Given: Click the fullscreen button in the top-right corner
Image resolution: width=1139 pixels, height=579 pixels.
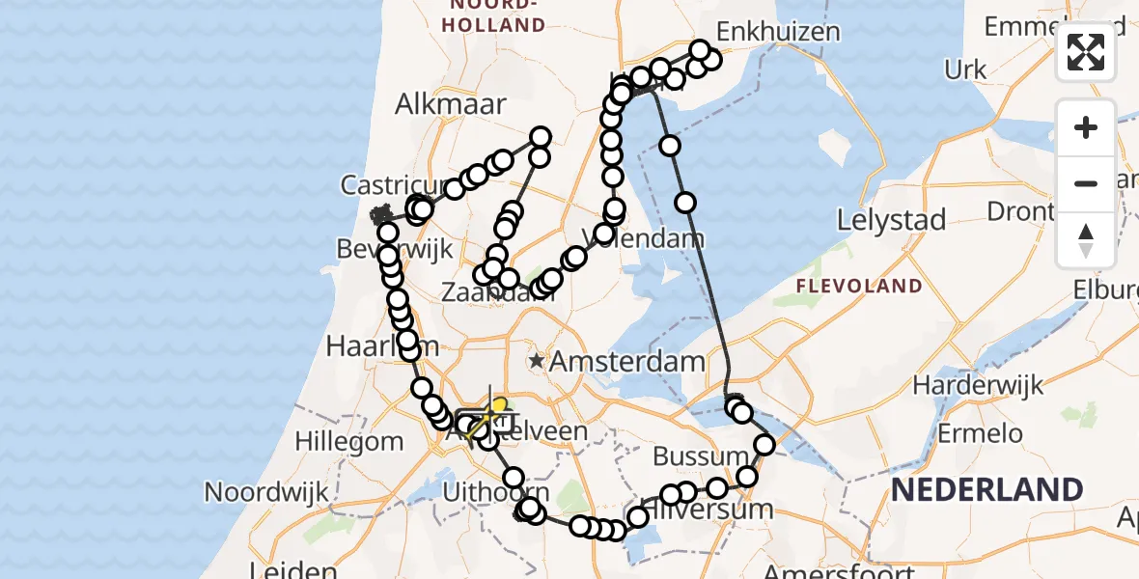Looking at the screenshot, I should point(1086,52).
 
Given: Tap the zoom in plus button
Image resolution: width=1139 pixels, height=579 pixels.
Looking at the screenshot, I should point(1086,127).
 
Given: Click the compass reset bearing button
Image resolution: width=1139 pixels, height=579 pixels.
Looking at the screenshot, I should point(1086,240).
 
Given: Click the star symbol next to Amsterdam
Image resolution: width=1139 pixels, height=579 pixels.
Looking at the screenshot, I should point(536,362).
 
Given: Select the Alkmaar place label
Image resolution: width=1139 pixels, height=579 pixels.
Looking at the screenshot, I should point(452,104).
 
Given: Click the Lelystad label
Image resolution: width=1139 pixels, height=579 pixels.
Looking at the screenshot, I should point(890,220).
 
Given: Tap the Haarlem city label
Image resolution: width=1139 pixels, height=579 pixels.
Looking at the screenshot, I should point(369,345).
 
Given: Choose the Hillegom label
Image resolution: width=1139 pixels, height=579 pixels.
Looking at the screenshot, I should point(350,441).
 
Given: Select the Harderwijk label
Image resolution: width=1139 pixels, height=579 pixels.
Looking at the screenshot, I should point(979,386).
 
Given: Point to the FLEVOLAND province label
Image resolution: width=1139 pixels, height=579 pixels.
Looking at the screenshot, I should point(859,286).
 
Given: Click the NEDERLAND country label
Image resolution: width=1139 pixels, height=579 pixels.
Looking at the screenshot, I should point(986,490).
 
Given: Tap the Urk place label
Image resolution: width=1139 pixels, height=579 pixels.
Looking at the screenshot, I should point(965,69).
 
